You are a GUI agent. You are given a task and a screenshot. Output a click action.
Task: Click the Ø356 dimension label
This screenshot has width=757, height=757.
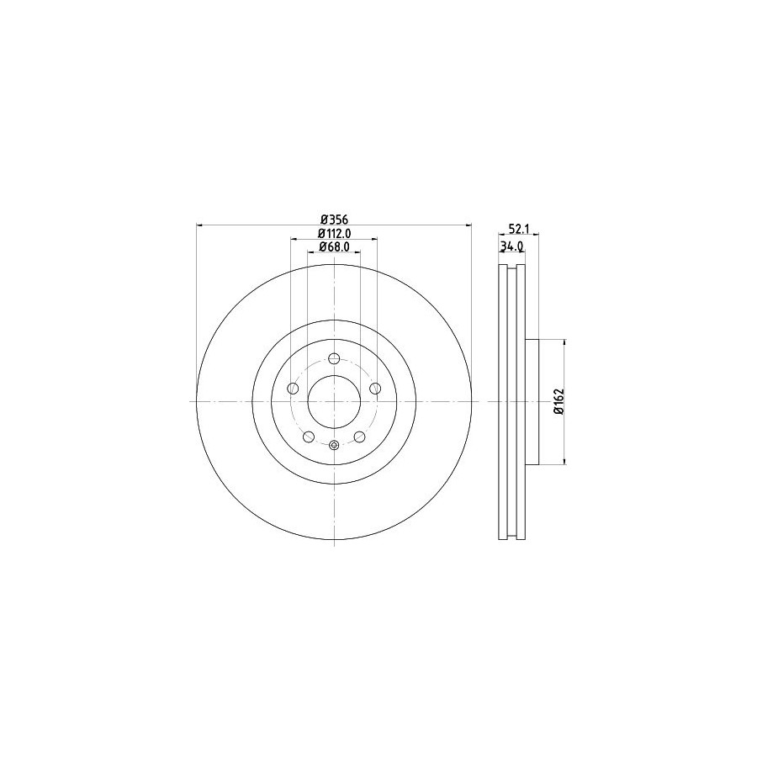coord(334,220)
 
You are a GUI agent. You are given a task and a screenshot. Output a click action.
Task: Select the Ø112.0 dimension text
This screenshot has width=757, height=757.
coord(334,233)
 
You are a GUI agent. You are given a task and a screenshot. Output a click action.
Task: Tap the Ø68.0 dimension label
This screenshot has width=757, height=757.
coord(334,247)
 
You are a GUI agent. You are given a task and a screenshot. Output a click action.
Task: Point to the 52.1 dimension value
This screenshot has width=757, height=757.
coord(517,230)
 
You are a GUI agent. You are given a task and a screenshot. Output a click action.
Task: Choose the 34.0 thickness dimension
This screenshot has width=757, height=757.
coord(512,246)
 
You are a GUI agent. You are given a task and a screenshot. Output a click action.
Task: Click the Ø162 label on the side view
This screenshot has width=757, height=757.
coord(559,401)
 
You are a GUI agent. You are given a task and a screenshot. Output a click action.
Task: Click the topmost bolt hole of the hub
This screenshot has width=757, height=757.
coord(334,358)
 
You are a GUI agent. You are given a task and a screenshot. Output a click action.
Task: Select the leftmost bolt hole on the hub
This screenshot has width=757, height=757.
coord(293,388)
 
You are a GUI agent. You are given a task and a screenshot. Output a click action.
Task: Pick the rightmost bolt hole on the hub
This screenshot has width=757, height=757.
coord(374,388)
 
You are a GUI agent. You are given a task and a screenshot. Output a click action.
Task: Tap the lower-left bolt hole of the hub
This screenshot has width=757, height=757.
coord(309,437)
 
